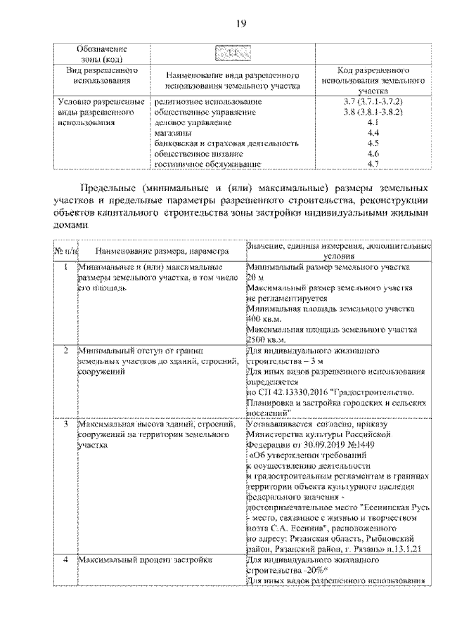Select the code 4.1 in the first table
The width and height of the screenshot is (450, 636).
coord(373,122)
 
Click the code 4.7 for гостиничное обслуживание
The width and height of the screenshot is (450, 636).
coord(373,164)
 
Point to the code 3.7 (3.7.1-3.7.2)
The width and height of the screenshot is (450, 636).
coord(373,102)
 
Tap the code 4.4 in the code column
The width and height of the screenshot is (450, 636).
coord(373,133)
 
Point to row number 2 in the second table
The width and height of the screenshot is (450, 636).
coord(65,349)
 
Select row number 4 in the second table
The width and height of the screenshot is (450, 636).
coord(65,560)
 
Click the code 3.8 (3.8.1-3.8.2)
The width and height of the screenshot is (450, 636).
coord(373,112)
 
